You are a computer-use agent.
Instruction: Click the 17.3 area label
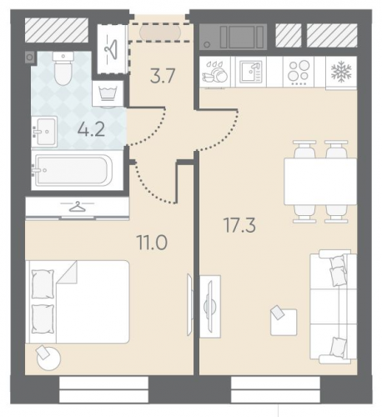click(239, 225)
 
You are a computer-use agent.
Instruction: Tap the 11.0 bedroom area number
click(152, 242)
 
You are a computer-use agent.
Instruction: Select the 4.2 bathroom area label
click(92, 129)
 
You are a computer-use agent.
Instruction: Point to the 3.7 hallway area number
click(163, 76)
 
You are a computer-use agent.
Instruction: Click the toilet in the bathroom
click(63, 68)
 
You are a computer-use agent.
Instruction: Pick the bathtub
click(73, 170)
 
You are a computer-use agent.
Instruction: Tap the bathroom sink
click(44, 132)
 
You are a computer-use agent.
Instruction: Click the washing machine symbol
click(108, 93)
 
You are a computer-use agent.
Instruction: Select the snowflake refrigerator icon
click(341, 71)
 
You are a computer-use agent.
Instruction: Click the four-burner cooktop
click(299, 72)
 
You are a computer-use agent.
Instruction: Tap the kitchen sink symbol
click(250, 72)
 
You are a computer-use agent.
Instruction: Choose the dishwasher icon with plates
click(215, 73)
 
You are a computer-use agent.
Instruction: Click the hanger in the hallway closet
click(111, 49)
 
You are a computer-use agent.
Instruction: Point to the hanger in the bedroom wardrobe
click(77, 207)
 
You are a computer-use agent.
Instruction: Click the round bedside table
click(48, 359)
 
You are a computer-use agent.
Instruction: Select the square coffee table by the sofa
click(284, 322)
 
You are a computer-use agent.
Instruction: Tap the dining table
click(320, 181)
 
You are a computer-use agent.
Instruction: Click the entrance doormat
click(160, 33)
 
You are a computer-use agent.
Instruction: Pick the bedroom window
click(104, 389)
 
